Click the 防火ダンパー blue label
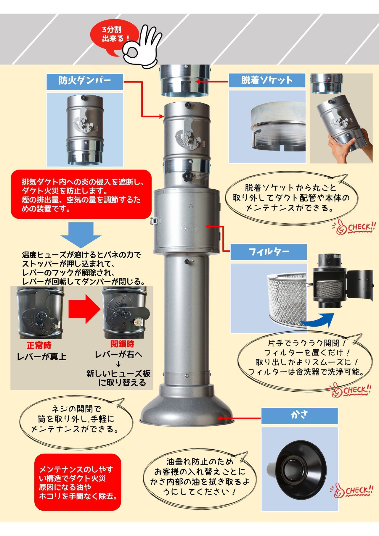pos(85,82)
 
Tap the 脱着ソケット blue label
pos(267,80)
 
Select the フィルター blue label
pos(269,252)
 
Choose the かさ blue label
pos(299,416)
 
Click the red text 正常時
pos(39,345)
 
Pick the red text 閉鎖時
pos(122,344)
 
